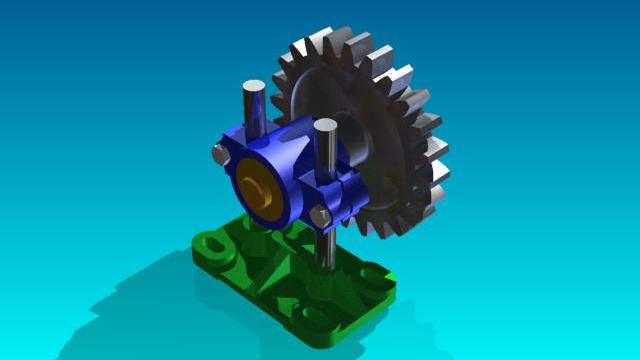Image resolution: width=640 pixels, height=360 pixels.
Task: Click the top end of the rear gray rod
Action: (255, 88)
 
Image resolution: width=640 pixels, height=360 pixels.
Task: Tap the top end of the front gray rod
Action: (325, 126)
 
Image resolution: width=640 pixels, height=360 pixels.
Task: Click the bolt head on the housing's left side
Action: (218, 153)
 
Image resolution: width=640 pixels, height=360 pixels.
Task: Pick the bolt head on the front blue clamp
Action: (319, 217)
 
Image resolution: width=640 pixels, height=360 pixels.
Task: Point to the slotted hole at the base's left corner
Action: (211, 243)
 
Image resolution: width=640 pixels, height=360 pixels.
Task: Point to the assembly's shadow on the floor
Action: (130, 300)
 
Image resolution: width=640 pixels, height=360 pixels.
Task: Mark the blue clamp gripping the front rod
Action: (335, 195)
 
